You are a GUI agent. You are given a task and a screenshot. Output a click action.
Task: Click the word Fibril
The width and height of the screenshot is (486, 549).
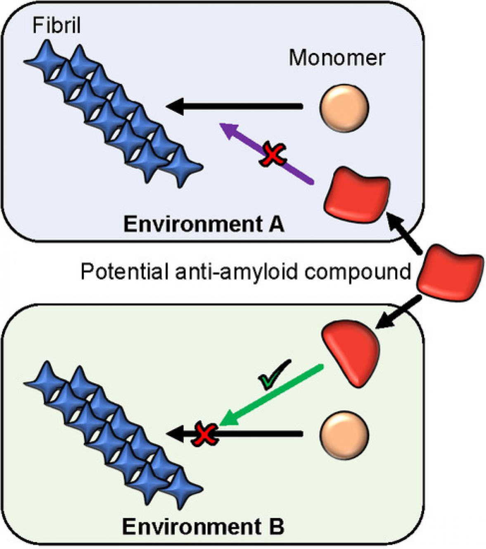click(x=57, y=26)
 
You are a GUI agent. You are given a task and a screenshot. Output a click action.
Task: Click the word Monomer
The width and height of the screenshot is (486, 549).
click(x=337, y=58)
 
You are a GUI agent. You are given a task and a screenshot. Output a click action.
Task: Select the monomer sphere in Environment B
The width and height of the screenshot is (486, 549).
click(x=344, y=434)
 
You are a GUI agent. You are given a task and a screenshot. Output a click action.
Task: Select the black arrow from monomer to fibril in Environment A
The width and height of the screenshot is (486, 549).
click(x=235, y=107)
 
